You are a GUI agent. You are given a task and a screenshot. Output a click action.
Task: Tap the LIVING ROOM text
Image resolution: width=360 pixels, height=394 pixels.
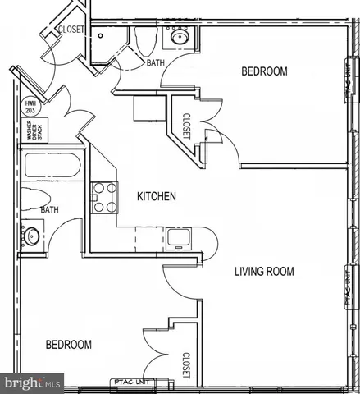[x=264, y=272]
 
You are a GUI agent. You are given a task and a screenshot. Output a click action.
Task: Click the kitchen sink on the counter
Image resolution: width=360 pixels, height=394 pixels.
[x=177, y=239]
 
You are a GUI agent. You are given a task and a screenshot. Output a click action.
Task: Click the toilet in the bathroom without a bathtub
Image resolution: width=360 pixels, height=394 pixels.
[x=145, y=39]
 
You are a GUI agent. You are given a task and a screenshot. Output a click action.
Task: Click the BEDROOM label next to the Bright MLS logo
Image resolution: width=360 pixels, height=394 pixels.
[x=68, y=345]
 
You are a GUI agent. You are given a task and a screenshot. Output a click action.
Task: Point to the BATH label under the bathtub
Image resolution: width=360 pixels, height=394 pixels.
[x=51, y=209]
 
